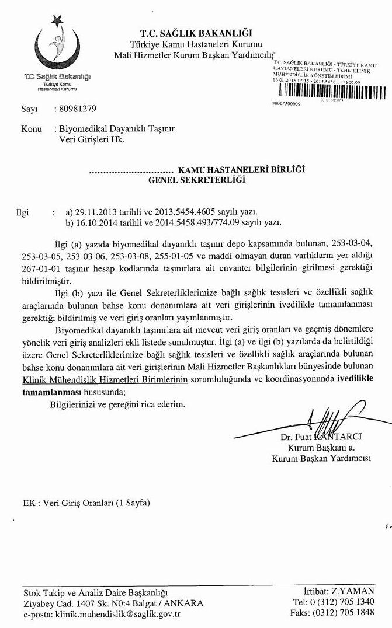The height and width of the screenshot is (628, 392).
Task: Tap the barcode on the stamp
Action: pyautogui.click(x=330, y=91)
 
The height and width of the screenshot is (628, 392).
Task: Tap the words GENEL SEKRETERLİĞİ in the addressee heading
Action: pyautogui.click(x=196, y=180)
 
